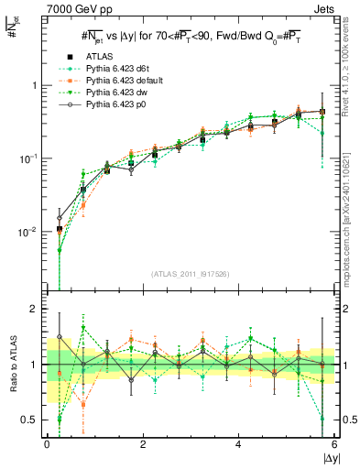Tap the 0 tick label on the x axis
click(x=47, y=444)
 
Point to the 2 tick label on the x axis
click(x=143, y=444)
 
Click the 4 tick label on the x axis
click(x=239, y=444)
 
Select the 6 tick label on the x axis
click(x=334, y=444)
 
